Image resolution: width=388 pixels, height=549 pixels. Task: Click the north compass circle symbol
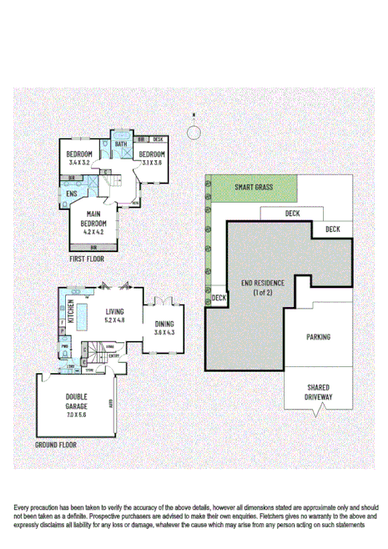click(194, 131)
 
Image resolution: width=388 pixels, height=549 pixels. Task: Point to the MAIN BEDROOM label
click(93, 219)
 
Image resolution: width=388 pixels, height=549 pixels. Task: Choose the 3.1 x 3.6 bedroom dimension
click(151, 163)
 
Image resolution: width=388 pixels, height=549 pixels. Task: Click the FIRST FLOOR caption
click(88, 259)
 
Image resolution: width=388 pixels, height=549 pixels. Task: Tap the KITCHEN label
click(71, 310)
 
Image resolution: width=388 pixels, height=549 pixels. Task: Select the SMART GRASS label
click(254, 187)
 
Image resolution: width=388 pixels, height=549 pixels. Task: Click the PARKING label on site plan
click(318, 337)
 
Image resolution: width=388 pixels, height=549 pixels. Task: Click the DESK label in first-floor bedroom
click(158, 139)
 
